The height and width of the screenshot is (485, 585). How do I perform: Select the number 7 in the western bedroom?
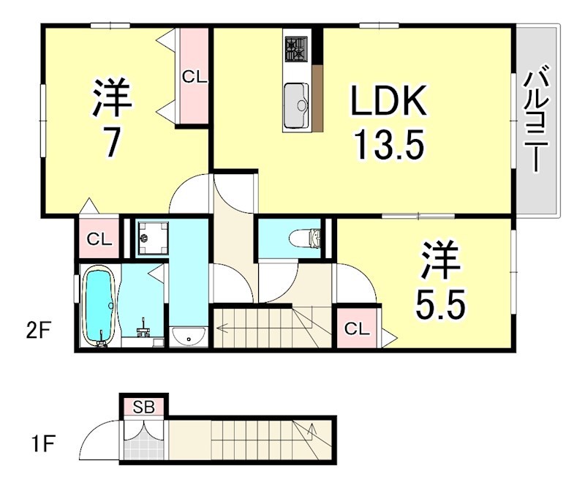pos(111,143)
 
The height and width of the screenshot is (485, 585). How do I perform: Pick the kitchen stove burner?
pos(297,50)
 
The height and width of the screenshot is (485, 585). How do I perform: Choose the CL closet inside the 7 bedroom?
pos(194,75)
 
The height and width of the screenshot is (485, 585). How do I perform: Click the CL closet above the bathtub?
pos(97,239)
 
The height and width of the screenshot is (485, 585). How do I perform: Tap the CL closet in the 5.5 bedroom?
pos(356,328)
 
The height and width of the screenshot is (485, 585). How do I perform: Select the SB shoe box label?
pos(144,407)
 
